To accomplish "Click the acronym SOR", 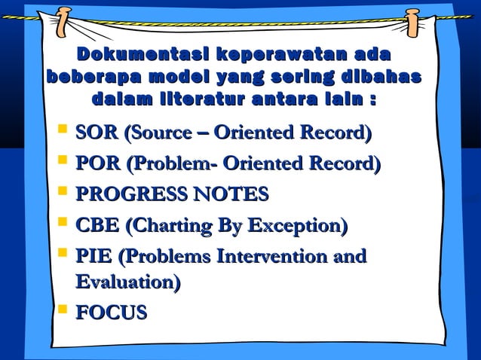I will (x=96, y=134).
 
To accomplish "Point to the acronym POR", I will (x=96, y=164).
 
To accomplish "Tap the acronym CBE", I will (x=96, y=225).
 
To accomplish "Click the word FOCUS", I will (x=112, y=313).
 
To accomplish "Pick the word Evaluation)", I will (x=128, y=282).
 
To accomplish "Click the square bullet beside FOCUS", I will (x=63, y=309).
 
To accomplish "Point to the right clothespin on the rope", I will (x=412, y=23).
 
